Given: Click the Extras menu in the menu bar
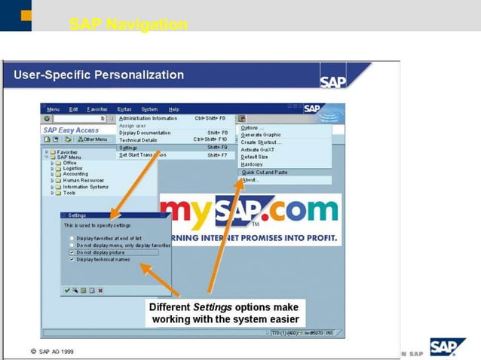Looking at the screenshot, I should coord(124,109).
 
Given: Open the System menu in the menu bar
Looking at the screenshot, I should coord(149,109).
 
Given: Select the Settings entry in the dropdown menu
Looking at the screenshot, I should coord(128,148).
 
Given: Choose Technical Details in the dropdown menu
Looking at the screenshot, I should coord(139,140).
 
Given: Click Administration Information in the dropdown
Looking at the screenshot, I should coord(148,118).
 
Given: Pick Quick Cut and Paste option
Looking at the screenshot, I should coord(264,172).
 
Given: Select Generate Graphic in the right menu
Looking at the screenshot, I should coord(260,135).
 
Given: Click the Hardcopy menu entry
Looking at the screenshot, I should coord(253,164).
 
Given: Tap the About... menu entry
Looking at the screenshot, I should coord(250,180).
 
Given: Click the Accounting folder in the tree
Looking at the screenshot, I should coord(75,174).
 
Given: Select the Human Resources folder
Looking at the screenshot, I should coord(83,181).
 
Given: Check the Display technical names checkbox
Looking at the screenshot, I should coord(72,259).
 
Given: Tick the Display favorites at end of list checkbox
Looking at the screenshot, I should coord(72,238).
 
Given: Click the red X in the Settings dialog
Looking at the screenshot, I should coord(100,290).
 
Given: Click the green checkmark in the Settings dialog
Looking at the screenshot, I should coord(67,290).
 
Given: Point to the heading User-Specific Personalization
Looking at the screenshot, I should coord(99,75).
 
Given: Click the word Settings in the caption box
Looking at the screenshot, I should coord(212,307).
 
